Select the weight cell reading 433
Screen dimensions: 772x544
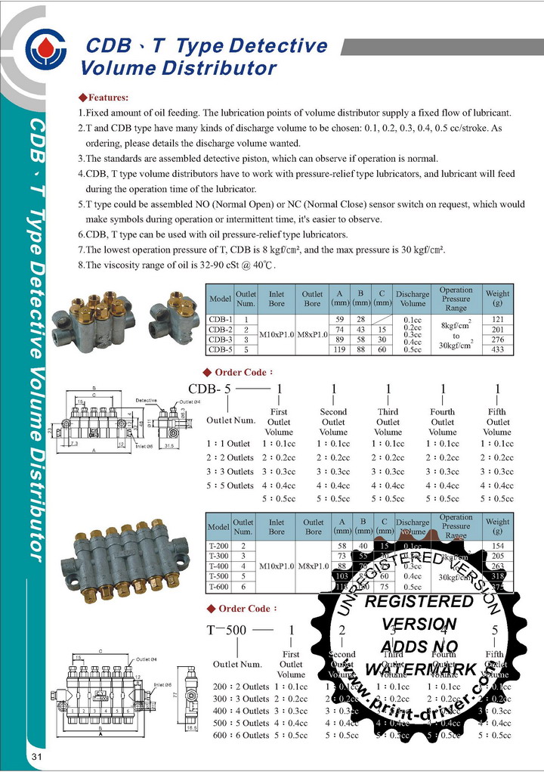[x=498, y=350]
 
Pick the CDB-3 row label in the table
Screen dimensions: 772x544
[x=219, y=340]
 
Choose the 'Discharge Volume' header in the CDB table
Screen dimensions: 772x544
[x=413, y=299]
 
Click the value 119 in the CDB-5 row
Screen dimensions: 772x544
[x=341, y=350]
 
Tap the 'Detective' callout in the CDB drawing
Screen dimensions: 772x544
[x=147, y=399]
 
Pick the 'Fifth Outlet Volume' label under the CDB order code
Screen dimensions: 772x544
[x=498, y=422]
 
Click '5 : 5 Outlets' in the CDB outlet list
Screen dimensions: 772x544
[x=230, y=485]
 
